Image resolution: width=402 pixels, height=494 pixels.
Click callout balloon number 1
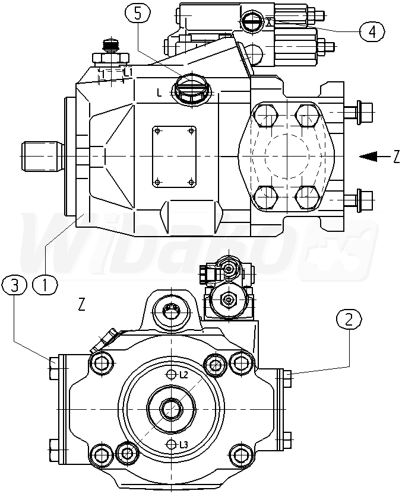[x=45, y=284]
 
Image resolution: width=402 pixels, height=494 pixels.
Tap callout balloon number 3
[x=15, y=285]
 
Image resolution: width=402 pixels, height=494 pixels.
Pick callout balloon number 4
[x=372, y=31]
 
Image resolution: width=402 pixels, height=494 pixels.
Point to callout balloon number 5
[x=138, y=14]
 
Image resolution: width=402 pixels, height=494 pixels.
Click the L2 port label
[x=183, y=375]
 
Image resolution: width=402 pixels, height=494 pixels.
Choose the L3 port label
[x=184, y=445]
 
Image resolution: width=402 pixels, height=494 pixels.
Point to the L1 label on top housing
[x=128, y=72]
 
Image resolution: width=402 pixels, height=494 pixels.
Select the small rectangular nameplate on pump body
[x=174, y=155]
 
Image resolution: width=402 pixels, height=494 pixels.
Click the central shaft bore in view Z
[x=171, y=409]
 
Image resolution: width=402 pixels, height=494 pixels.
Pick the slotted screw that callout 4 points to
[x=252, y=21]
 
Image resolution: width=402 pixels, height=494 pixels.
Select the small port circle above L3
[x=172, y=444]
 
